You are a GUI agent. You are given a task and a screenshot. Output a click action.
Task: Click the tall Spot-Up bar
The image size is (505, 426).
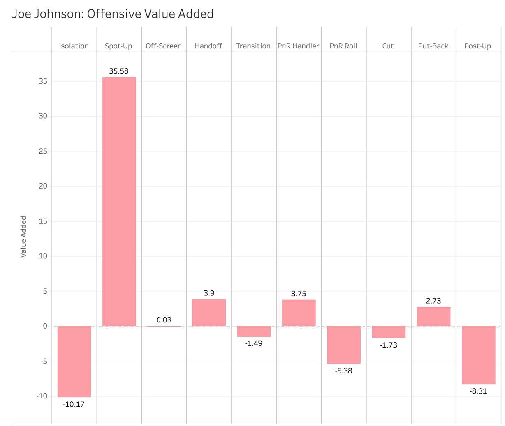pos(119,201)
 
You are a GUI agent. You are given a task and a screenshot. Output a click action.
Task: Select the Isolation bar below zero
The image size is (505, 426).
pos(74,362)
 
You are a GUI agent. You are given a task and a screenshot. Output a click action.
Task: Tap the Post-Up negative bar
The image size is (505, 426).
pos(478,355)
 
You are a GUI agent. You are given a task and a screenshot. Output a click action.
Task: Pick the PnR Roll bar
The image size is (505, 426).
pos(343,345)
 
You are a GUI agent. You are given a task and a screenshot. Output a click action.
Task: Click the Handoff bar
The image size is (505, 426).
pos(209,313)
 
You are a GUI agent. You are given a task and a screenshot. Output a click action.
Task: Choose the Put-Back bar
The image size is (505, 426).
pos(433,316)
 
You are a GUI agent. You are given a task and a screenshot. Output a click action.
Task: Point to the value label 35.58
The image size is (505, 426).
pos(119,71)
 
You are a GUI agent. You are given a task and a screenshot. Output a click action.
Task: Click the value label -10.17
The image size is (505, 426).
pos(74,404)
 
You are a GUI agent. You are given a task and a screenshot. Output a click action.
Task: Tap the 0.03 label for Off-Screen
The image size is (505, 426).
pos(164,320)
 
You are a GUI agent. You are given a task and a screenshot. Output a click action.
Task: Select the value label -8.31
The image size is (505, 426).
pos(478,391)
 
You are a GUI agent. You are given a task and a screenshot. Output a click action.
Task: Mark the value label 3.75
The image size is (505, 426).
pos(299,293)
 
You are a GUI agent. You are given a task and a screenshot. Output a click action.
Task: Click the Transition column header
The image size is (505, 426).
pos(253,46)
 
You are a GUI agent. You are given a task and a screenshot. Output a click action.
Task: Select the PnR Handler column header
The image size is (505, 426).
pos(299,46)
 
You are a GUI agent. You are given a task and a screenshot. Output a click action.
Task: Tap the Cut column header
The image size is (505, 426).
pos(388,46)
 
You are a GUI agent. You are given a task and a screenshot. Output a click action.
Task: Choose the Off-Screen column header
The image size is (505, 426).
pos(164,46)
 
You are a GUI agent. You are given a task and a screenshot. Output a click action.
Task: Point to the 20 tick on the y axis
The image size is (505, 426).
pos(43,186)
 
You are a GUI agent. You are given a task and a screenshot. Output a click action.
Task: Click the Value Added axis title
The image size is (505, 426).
pos(23,237)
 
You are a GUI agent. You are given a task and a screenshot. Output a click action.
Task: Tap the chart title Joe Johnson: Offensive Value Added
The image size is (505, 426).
pos(113,14)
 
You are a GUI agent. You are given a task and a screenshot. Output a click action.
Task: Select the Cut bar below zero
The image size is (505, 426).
pos(389,332)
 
